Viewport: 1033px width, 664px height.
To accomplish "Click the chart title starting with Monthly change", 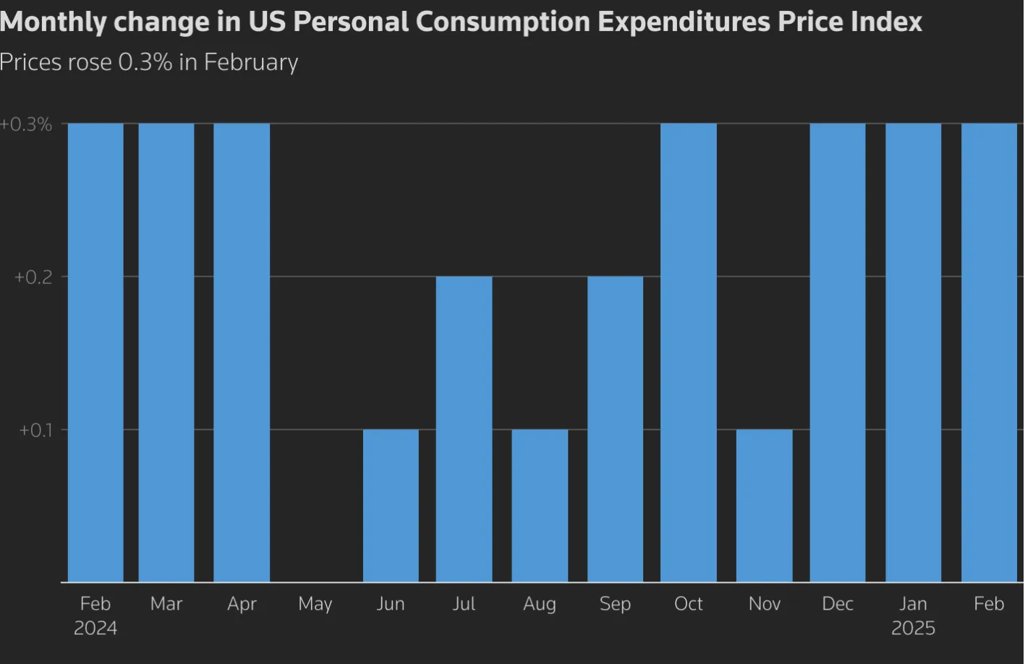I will click(461, 22).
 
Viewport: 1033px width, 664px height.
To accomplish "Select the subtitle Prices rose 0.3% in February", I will click(148, 62).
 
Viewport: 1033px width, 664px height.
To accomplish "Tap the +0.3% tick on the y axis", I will click(27, 124).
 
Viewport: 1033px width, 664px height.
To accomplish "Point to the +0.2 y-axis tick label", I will click(33, 277).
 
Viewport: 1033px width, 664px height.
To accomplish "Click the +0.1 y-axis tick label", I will click(35, 430).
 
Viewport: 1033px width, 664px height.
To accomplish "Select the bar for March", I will click(166, 352).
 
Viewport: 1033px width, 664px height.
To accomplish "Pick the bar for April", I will click(242, 352).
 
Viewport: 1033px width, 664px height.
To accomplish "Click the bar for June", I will click(391, 506).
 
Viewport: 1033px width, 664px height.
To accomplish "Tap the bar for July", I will click(464, 429).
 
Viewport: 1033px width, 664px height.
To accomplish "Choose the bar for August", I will click(540, 506).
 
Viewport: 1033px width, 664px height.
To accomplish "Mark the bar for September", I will click(615, 429).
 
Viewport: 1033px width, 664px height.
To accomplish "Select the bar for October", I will click(689, 352).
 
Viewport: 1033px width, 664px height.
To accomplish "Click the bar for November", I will click(765, 506).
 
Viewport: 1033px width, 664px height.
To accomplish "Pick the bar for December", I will click(838, 352).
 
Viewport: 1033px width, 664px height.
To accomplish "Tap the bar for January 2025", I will click(913, 352).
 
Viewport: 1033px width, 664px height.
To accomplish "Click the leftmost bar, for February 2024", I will click(95, 352).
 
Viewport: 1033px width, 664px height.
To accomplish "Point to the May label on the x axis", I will click(315, 604).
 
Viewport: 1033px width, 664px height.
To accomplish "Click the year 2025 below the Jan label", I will click(913, 628).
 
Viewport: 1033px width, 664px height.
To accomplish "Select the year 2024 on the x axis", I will click(95, 628).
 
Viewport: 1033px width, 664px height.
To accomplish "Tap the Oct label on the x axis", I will click(689, 604).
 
